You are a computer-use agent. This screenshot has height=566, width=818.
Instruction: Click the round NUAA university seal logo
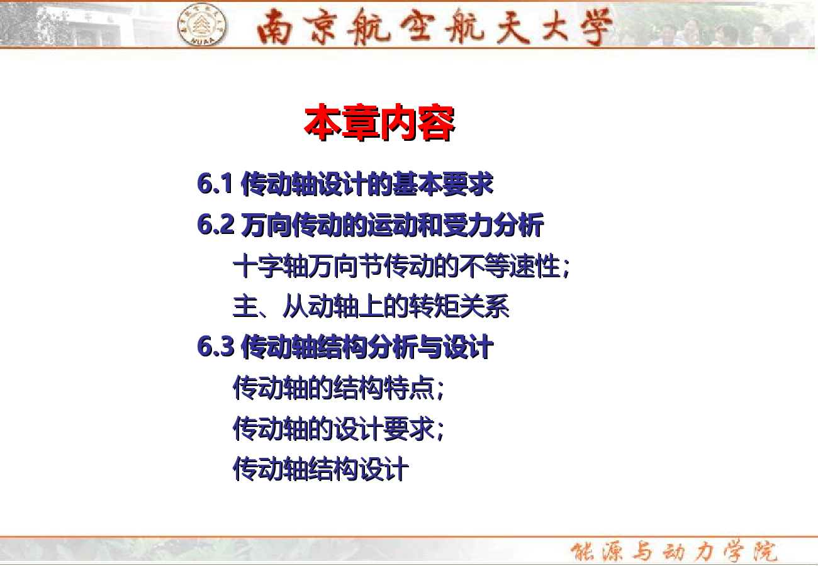pos(201,25)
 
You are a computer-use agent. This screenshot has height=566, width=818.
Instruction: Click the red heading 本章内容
pos(379,123)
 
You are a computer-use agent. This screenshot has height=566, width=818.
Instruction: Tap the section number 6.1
pos(215,183)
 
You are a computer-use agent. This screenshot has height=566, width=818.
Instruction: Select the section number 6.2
pos(215,224)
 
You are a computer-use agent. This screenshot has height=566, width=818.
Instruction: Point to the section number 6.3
pos(215,346)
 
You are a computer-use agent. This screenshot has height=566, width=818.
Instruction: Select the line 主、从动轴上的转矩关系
pos(371,306)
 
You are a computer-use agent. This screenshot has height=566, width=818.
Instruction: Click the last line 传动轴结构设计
pos(321,469)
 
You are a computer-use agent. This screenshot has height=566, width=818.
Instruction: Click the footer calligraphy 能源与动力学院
pos(674,551)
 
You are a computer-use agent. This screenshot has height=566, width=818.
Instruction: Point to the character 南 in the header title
pos(274,26)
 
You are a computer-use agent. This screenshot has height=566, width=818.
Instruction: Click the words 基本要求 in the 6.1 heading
pos(442,184)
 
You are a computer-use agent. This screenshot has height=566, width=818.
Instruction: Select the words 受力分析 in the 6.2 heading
pos(493,225)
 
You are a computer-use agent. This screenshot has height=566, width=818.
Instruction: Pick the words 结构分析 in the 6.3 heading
pos(367,347)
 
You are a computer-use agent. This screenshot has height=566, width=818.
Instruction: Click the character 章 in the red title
pos(361,123)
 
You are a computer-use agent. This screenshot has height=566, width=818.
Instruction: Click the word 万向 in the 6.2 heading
pos(266,225)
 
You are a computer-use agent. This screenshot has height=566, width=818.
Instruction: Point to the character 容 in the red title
pos(437,123)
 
